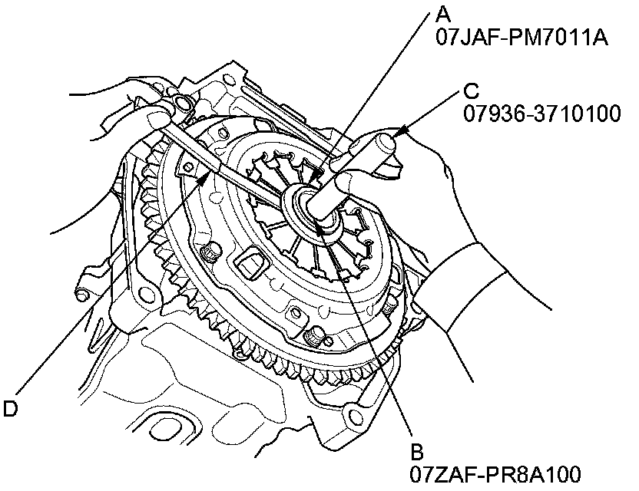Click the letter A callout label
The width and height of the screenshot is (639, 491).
click(x=443, y=13)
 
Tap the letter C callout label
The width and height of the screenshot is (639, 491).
click(x=472, y=91)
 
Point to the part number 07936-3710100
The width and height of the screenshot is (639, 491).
click(x=541, y=114)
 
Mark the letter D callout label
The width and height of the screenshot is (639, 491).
click(x=10, y=409)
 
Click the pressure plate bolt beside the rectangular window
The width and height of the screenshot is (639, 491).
click(x=207, y=254)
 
